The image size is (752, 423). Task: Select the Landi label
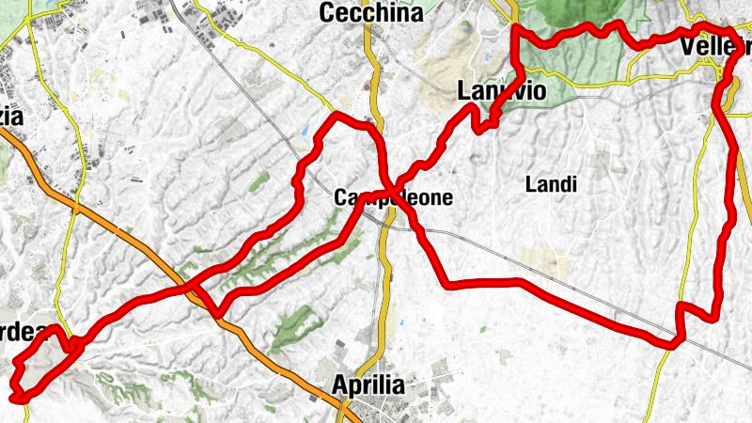point(551,184)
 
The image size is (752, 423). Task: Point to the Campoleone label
point(394,198)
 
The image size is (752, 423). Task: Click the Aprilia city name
point(368,385)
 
